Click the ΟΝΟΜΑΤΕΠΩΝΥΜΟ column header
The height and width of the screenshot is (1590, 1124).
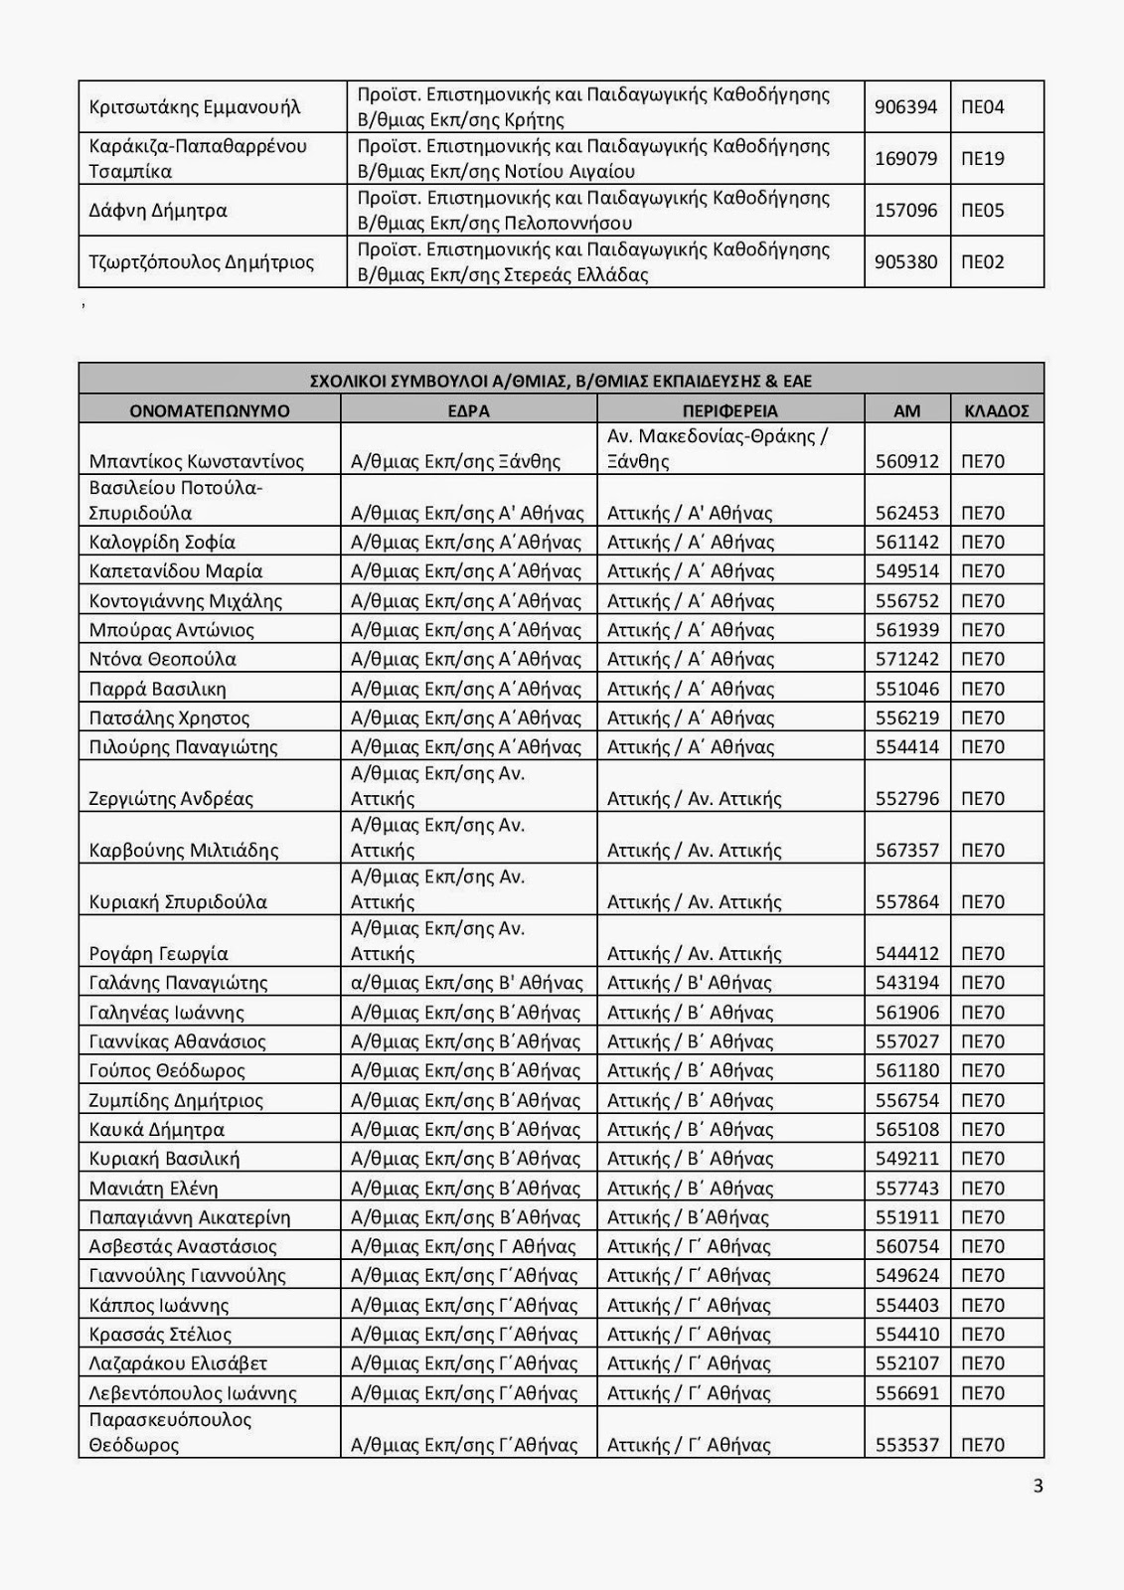tap(209, 410)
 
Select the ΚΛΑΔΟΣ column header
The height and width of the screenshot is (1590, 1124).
tap(996, 410)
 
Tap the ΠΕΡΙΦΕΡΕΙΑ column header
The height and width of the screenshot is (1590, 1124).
tap(729, 410)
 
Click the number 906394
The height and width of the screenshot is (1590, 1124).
tap(905, 106)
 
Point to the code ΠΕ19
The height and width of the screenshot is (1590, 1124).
tap(982, 158)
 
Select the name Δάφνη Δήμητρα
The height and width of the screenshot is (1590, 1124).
tap(158, 211)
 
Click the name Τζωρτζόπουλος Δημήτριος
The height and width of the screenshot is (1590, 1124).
tap(202, 262)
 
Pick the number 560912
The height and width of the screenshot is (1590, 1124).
tap(906, 461)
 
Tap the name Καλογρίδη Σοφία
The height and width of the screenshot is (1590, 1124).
tap(162, 542)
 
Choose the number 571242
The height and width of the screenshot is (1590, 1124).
tap(906, 659)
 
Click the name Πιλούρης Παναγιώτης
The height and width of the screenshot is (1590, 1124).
tap(184, 747)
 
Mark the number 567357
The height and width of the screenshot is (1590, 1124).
tap(906, 850)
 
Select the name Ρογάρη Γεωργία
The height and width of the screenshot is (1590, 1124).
tap(159, 954)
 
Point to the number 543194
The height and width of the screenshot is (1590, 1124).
tap(906, 983)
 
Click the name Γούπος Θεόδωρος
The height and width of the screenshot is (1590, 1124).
tap(167, 1071)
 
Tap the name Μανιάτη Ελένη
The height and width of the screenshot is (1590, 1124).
tap(153, 1189)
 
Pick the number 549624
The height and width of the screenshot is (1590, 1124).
tap(906, 1276)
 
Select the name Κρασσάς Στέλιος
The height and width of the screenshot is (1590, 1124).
tap(160, 1335)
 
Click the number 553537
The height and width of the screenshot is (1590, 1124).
tap(906, 1445)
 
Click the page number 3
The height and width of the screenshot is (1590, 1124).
tap(1039, 1487)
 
